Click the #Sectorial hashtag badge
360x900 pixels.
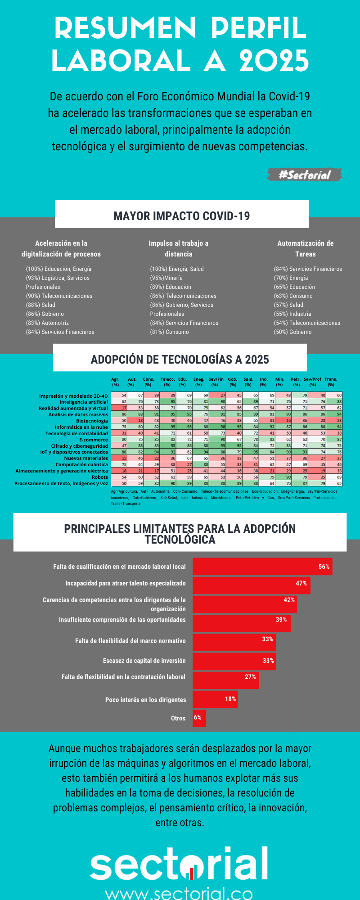305,175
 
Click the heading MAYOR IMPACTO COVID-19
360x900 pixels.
182,216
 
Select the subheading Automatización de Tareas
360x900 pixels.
306,248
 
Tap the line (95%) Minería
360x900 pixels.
166,278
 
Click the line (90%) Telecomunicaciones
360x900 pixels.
59,296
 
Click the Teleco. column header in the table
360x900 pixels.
167,382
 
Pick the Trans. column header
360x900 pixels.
331,382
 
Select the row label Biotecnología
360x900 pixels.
92,421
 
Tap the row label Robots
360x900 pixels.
100,477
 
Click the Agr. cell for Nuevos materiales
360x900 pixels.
119,458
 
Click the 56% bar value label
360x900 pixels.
324,567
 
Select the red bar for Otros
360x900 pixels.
199,718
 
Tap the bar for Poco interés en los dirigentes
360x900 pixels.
215,699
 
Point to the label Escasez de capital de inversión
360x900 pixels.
144,661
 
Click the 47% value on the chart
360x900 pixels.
301,583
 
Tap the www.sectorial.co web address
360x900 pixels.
179,893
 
